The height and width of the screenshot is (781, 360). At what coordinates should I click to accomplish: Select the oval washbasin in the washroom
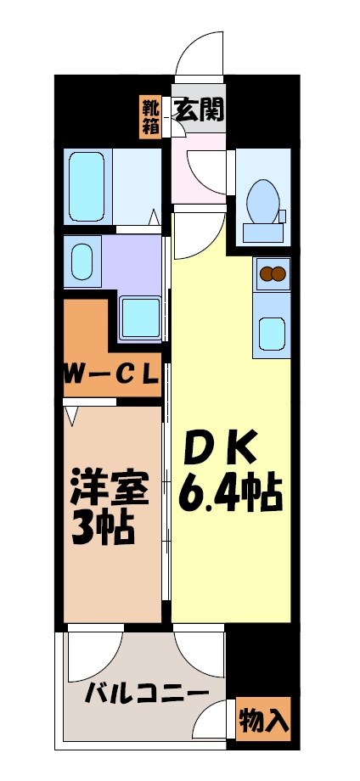click(82, 261)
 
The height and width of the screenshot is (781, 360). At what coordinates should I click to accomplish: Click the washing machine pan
click(140, 317)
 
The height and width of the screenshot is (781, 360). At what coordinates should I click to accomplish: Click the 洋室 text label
click(110, 490)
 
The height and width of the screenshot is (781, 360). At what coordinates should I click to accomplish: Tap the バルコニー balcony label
click(146, 693)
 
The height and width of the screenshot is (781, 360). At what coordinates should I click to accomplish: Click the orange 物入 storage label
click(264, 720)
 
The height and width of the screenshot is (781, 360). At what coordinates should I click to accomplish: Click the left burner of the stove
click(265, 273)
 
